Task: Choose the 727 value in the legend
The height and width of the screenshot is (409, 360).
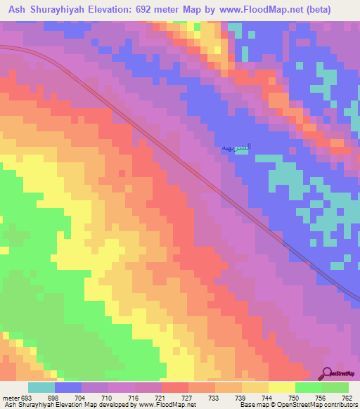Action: click(188, 397)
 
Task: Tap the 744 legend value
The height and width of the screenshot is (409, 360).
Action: click(268, 397)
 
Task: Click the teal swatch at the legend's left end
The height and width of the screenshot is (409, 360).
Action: click(41, 387)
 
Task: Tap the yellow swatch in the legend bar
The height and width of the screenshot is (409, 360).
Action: click(282, 387)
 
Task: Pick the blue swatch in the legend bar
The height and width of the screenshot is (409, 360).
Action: click(68, 387)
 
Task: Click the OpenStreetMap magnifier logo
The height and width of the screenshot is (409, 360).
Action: click(327, 374)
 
